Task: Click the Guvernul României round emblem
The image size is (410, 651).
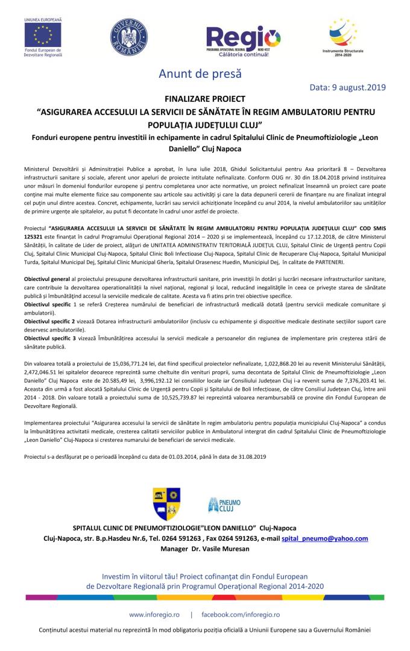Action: tap(128, 37)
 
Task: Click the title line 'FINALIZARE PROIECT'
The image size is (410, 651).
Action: tap(204, 98)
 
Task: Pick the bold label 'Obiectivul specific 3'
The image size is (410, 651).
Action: tap(50, 338)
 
